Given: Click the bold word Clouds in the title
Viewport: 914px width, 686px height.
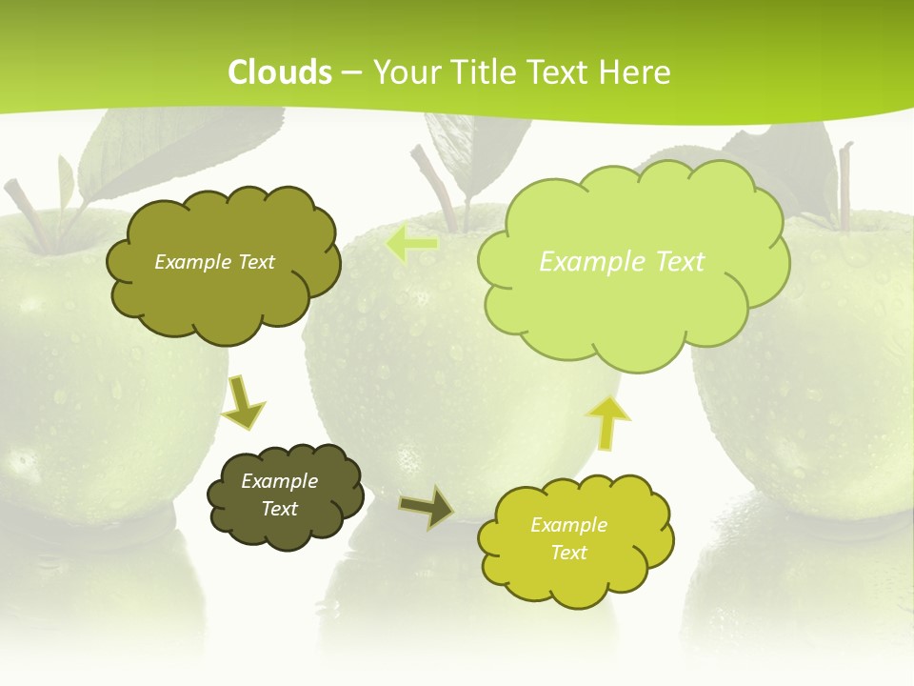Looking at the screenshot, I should pyautogui.click(x=280, y=72).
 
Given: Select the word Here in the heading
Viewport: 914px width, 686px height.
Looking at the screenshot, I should pyautogui.click(x=635, y=72).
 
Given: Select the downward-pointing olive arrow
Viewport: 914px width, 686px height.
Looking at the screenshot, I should pyautogui.click(x=242, y=402).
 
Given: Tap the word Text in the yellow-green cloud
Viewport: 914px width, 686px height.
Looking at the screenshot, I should pyautogui.click(x=568, y=553).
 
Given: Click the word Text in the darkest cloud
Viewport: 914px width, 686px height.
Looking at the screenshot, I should pyautogui.click(x=280, y=509).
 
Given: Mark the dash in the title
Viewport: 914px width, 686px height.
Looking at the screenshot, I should pyautogui.click(x=351, y=73).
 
